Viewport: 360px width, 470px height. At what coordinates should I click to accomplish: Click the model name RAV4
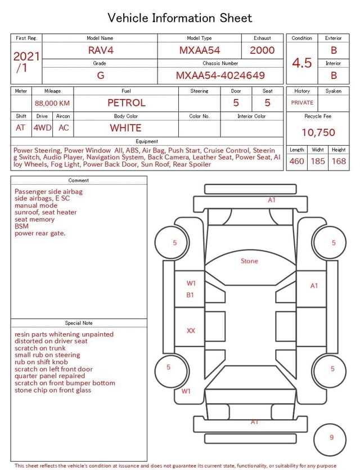pyautogui.click(x=101, y=50)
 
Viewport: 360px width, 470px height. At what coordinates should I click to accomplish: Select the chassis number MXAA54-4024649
pyautogui.click(x=220, y=75)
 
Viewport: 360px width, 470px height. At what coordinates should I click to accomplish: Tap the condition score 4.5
pyautogui.click(x=302, y=62)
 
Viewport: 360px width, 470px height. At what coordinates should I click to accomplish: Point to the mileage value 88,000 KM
pyautogui.click(x=52, y=104)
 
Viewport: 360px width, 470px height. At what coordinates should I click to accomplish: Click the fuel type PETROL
pyautogui.click(x=127, y=103)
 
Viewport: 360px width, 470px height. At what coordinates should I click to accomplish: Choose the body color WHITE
pyautogui.click(x=125, y=128)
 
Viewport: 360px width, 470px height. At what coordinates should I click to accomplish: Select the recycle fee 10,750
pyautogui.click(x=318, y=132)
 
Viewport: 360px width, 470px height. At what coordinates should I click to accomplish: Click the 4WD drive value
pyautogui.click(x=42, y=128)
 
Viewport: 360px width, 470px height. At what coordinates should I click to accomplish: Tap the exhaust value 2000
pyautogui.click(x=262, y=50)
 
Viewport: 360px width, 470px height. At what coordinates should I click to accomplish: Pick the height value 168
pyautogui.click(x=339, y=161)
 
